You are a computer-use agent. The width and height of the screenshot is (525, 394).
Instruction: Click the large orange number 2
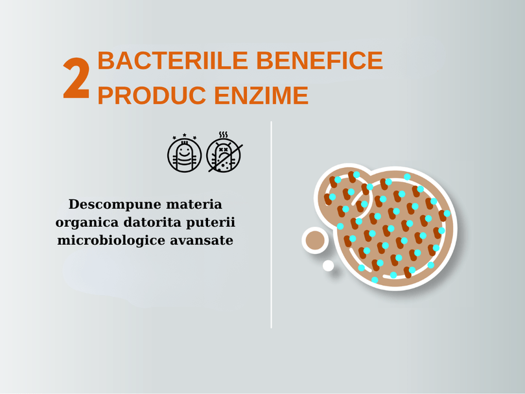click(76, 78)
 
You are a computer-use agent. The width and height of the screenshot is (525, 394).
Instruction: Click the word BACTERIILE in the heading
click(173, 60)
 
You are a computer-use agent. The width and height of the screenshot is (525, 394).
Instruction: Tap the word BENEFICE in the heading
click(320, 60)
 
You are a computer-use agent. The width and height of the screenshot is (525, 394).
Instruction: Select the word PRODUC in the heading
click(152, 96)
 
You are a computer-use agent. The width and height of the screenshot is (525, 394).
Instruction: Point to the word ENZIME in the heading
click(261, 96)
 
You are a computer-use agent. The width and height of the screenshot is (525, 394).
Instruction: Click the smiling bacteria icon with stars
click(185, 154)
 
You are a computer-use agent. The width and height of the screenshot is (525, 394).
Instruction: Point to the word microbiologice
click(111, 240)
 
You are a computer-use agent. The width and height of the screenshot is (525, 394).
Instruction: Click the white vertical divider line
click(271, 225)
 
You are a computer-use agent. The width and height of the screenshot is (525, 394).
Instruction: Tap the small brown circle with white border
click(315, 240)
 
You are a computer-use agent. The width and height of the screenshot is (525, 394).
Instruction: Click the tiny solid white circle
click(328, 266)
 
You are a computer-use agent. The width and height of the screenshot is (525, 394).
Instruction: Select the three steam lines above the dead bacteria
click(224, 135)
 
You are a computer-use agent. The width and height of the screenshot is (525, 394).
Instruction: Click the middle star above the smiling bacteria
click(185, 135)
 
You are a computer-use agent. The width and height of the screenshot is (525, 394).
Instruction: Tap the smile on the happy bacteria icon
click(184, 155)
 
